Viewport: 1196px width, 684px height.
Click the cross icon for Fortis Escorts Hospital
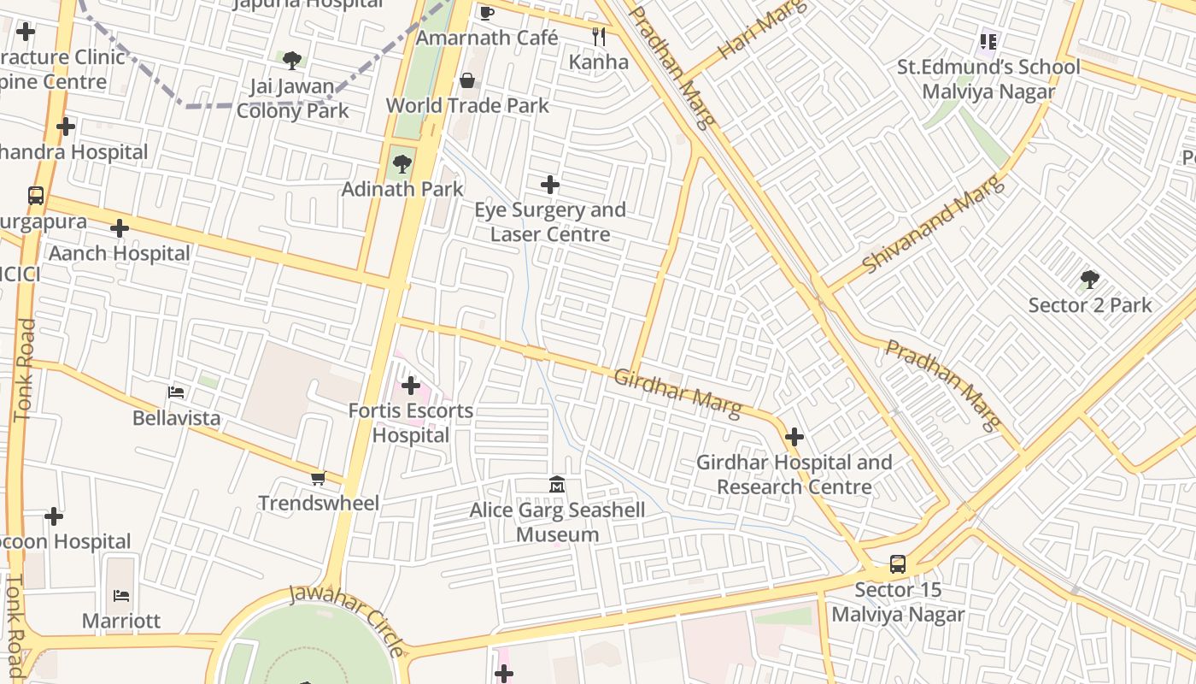411,386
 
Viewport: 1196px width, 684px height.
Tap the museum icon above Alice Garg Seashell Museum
557,485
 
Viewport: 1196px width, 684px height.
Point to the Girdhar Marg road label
677,394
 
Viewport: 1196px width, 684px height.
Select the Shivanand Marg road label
930,224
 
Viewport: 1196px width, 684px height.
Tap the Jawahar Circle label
347,619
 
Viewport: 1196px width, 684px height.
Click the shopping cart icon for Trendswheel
318,479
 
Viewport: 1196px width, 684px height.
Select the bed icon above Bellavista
176,393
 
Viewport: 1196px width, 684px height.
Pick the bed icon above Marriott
120,596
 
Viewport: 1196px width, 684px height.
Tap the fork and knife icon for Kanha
599,37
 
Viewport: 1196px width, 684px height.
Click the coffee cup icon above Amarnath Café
486,12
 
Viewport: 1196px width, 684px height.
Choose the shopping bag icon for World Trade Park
467,81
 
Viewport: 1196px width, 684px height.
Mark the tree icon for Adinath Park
402,163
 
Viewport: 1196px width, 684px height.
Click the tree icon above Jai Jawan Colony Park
292,61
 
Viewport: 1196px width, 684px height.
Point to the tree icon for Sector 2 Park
1089,280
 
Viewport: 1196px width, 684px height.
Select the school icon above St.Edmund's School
989,41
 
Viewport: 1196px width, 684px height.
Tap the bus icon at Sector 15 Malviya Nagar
898,564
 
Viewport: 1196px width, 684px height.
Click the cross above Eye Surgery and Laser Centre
550,185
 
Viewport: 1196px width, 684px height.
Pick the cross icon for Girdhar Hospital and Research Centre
794,438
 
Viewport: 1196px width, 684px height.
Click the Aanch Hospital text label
120,254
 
